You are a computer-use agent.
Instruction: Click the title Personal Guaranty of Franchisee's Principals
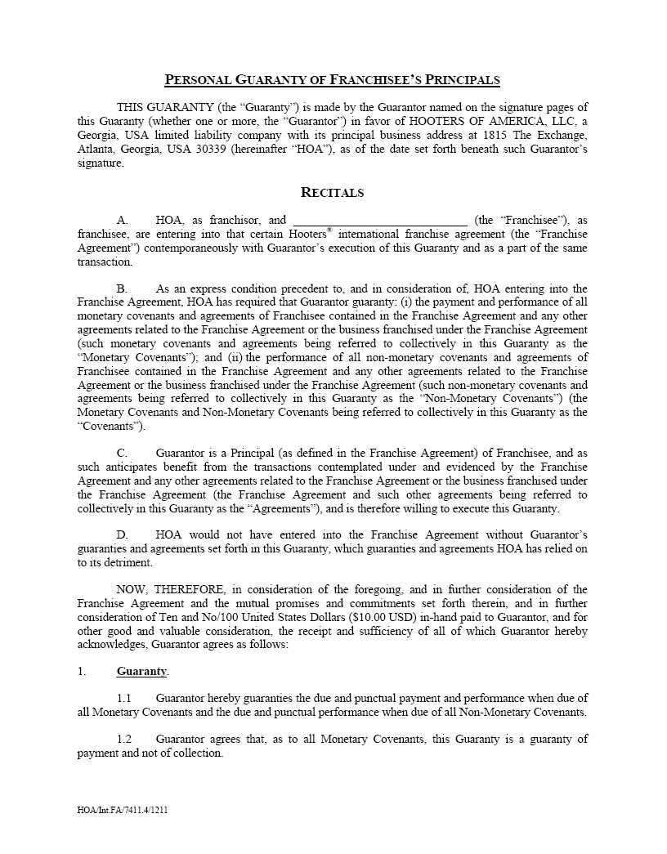(332, 80)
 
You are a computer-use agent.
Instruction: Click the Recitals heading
(333, 193)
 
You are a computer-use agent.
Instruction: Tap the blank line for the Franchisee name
(379, 220)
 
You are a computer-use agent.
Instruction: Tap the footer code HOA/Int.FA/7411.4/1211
(123, 811)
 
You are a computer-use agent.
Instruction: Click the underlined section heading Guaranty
(141, 672)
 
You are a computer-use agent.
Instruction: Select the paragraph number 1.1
(124, 699)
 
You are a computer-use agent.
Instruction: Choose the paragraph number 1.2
(124, 740)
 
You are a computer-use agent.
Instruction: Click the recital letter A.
(123, 221)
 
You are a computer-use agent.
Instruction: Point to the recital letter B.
(123, 289)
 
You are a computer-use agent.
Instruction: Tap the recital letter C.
(123, 454)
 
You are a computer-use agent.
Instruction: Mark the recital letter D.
(123, 535)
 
